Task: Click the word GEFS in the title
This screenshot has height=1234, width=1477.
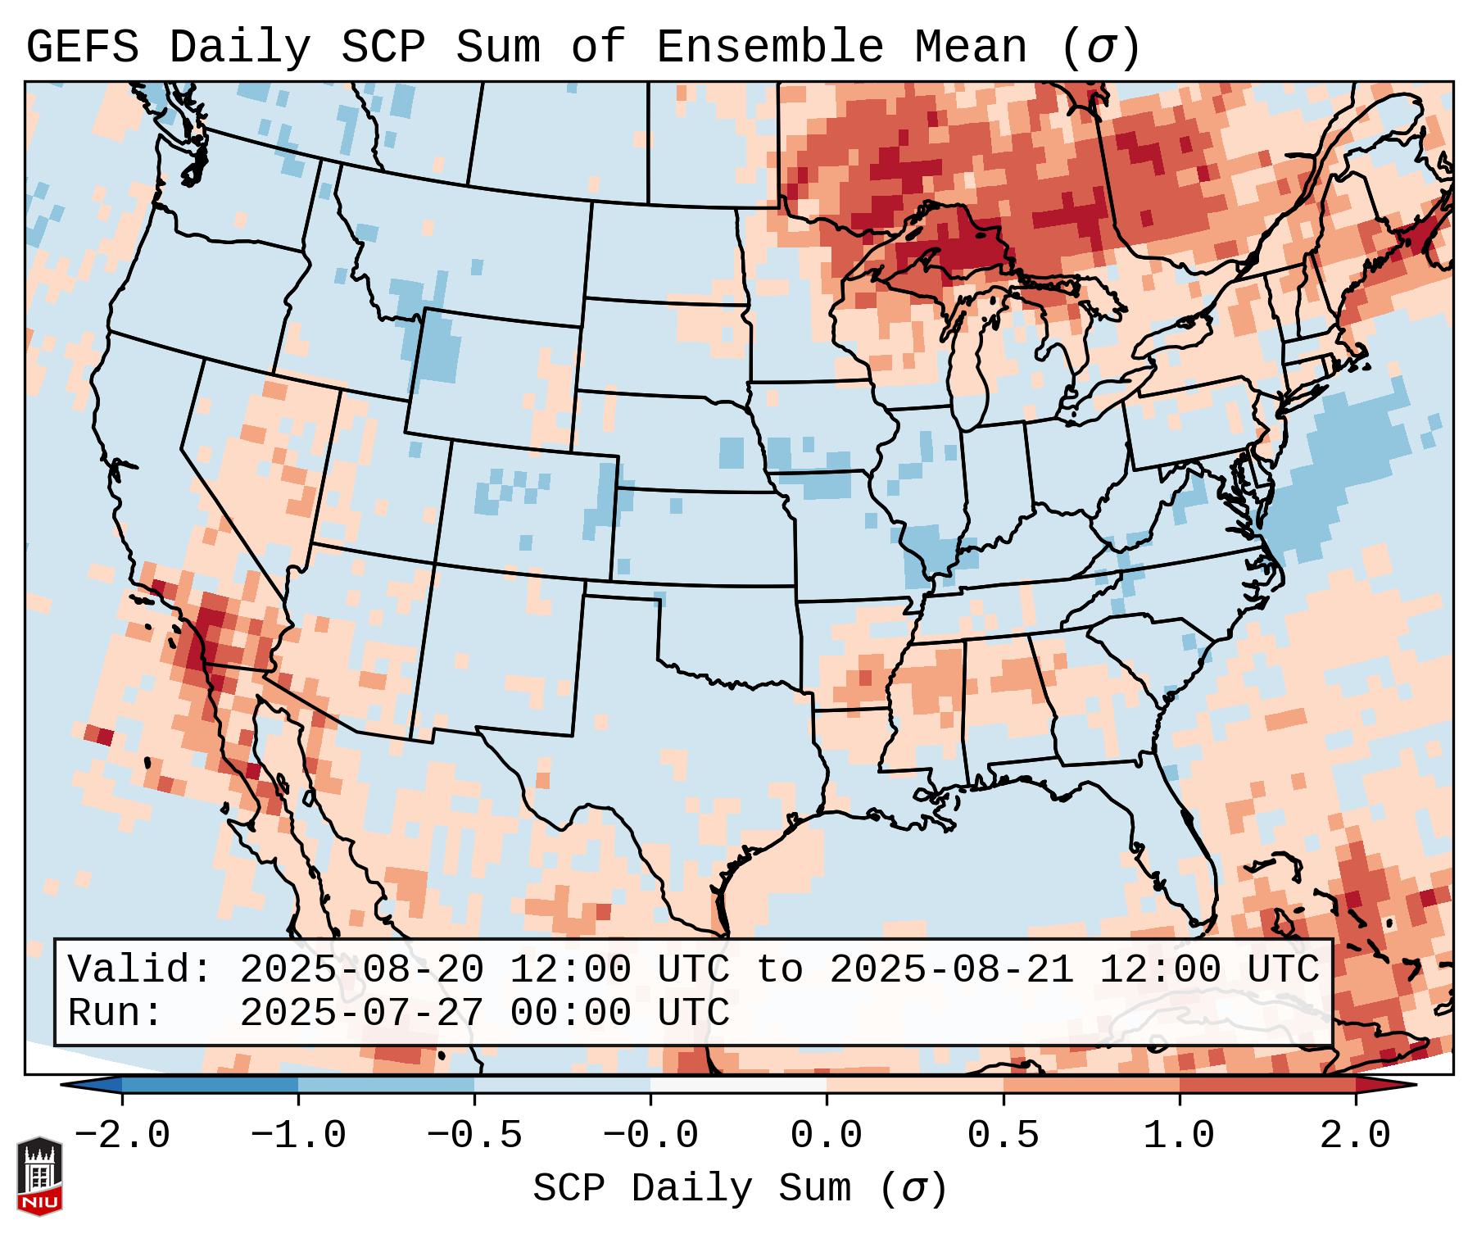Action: [82, 48]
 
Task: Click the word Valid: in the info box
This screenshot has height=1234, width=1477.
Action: [139, 970]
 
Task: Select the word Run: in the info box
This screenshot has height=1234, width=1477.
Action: [115, 1014]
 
